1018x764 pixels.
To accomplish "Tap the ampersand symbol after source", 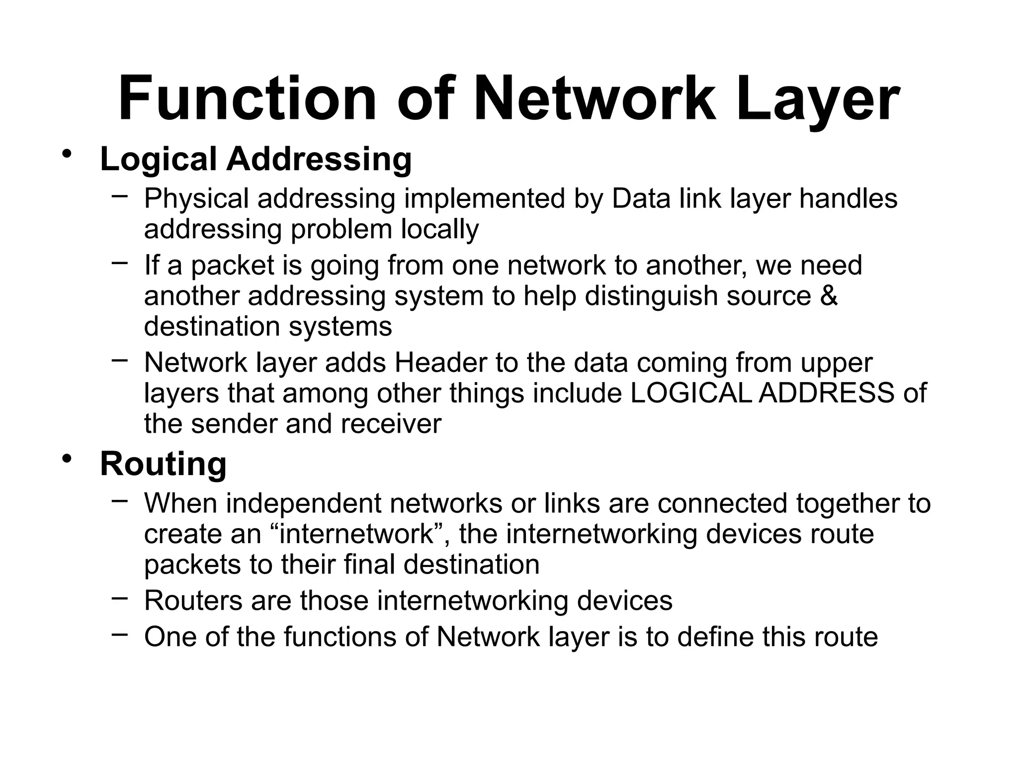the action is [x=829, y=295].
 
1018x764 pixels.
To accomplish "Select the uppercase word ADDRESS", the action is [x=826, y=393].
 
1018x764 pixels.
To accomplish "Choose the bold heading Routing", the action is [x=163, y=464].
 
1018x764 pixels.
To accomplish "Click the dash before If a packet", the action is [x=119, y=262].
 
